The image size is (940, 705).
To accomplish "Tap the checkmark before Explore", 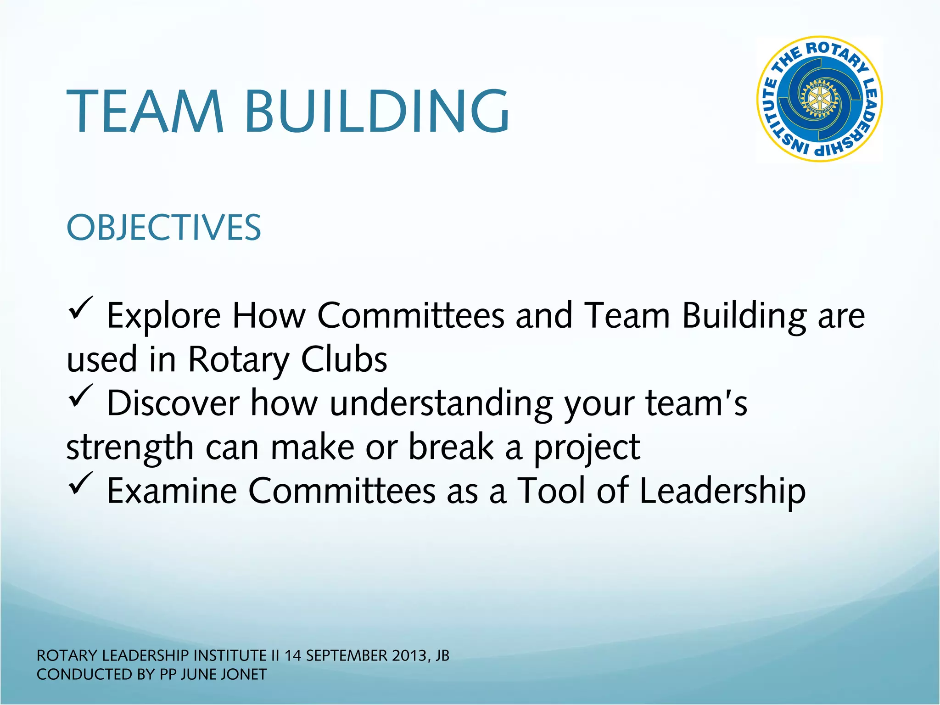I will (81, 310).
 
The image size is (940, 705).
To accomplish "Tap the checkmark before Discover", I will (81, 397).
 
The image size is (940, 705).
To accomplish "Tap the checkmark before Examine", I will (81, 485).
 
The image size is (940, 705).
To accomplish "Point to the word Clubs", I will (344, 359).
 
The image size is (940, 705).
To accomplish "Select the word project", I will (587, 448).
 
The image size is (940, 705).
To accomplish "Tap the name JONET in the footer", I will (244, 675).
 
